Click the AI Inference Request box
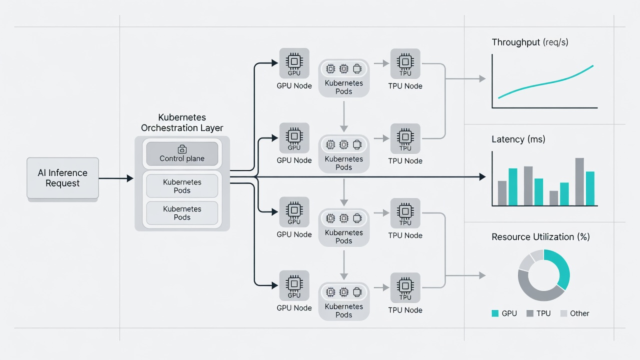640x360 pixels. tap(63, 178)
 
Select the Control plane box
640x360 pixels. tap(182, 153)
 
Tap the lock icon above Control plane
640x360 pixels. tap(182, 149)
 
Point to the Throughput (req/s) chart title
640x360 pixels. tap(530, 42)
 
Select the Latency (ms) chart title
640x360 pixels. tap(518, 139)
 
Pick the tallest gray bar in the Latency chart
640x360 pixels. tap(579, 181)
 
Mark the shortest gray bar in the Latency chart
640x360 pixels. tap(553, 198)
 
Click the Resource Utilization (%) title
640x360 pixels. tap(540, 237)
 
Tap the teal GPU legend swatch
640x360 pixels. tap(495, 313)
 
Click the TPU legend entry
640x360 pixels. tap(538, 313)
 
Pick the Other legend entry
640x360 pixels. tap(575, 313)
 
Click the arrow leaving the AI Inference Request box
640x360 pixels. tap(116, 178)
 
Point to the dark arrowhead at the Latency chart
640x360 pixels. tap(482, 177)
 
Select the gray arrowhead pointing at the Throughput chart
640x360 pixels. tap(482, 78)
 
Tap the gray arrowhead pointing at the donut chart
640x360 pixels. tap(482, 275)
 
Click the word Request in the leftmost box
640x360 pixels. tap(62, 183)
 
